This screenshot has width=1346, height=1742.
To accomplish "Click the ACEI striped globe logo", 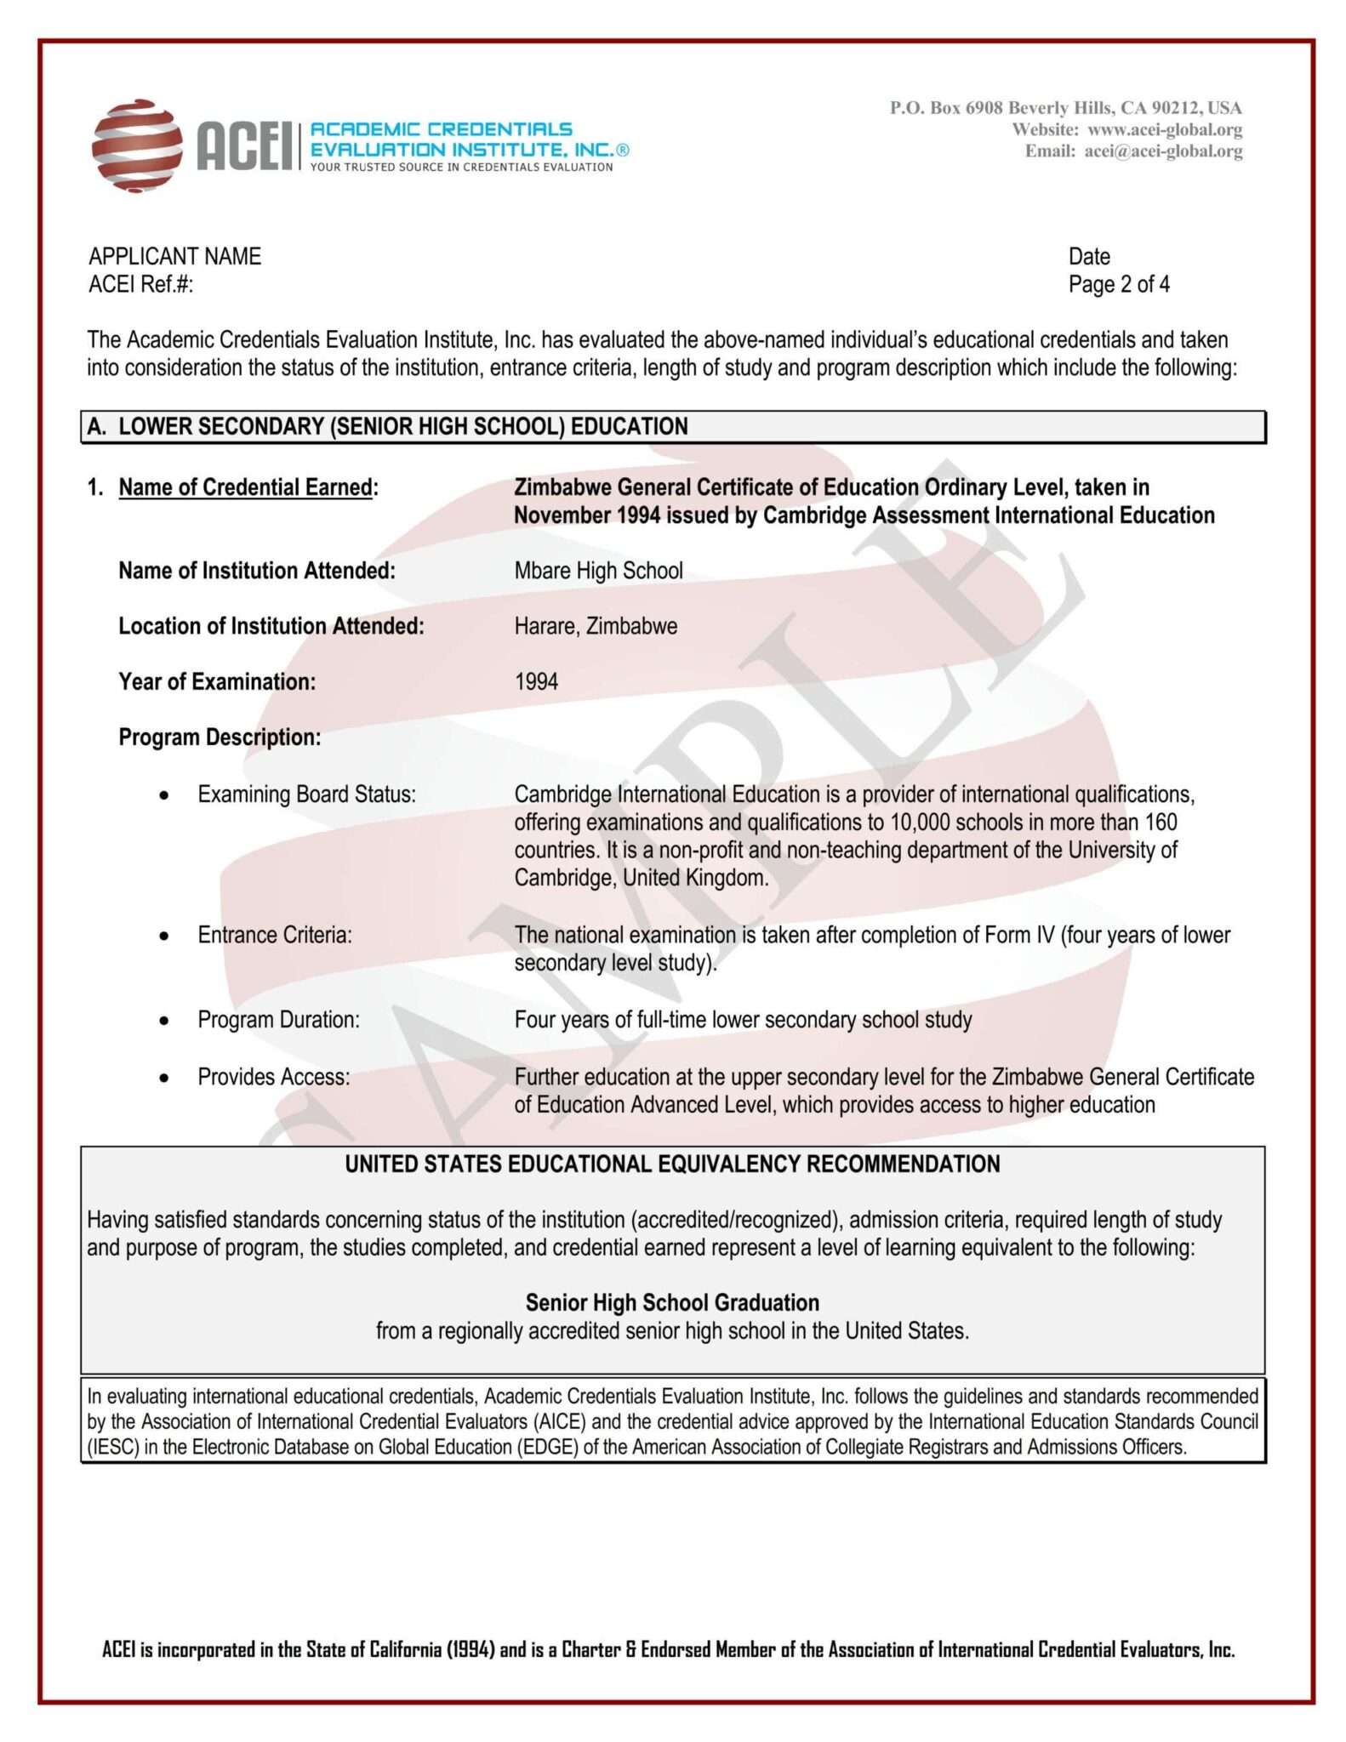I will pos(137,145).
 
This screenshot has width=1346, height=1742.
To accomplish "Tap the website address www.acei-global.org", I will pos(1164,130).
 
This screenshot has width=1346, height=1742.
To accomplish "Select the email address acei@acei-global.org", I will pos(1162,151).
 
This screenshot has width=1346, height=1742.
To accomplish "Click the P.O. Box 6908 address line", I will pos(1065,108).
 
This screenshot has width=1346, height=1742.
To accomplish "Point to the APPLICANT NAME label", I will pos(174,256).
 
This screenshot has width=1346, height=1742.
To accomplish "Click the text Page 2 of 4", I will pos(1118,284).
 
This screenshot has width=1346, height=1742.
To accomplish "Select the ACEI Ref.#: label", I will pos(141,284).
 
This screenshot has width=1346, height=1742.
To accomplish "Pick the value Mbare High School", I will pos(598,570).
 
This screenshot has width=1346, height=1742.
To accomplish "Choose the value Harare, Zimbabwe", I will pos(596,626).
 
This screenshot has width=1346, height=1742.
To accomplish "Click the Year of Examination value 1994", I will pos(536,681).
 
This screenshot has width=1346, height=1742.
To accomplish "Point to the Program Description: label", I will pos(220,737).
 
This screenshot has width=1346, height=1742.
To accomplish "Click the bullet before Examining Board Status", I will pos(164,795).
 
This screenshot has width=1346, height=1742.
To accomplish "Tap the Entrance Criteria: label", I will pos(274,935).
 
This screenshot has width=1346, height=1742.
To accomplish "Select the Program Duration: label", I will pos(278,1019).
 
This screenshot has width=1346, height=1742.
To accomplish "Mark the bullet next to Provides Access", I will pos(164,1079).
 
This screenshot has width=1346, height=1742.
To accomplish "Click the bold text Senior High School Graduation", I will pos(672,1302).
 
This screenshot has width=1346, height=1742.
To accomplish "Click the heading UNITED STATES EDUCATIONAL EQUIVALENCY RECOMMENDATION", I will pos(672,1164).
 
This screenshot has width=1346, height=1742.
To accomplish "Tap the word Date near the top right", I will pos(1089,256).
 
